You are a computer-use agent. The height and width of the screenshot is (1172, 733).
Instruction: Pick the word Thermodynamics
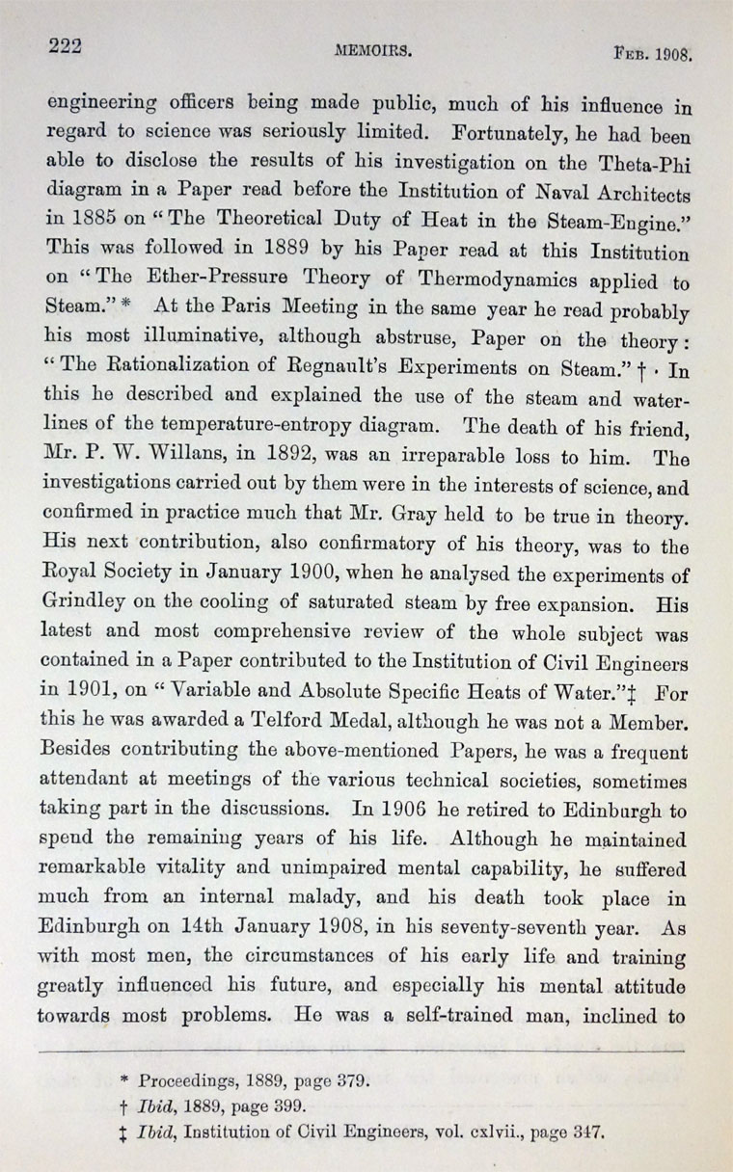[x=502, y=285]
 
